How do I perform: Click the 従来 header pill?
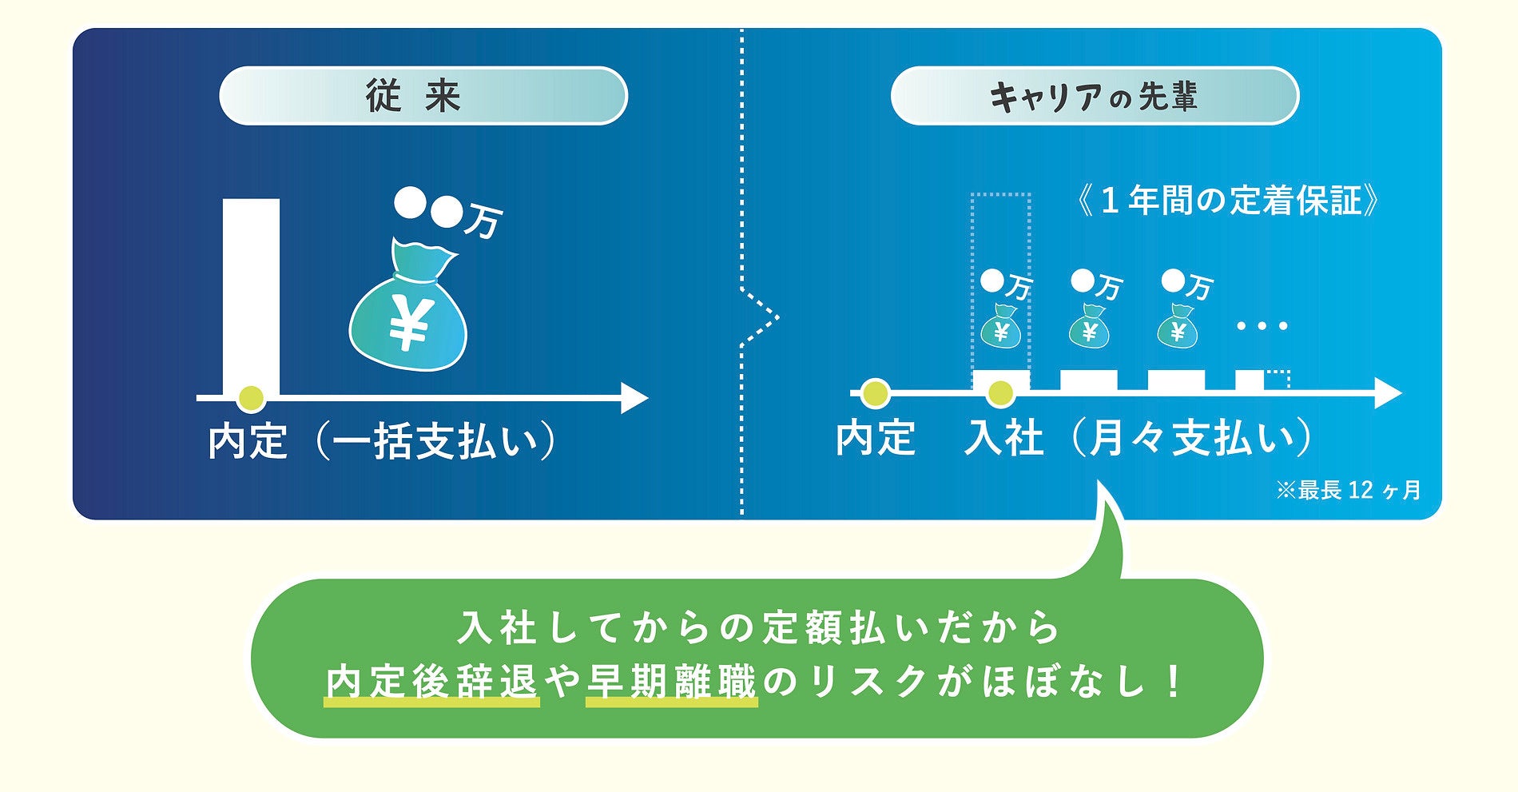tap(423, 96)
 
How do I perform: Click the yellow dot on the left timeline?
tap(251, 398)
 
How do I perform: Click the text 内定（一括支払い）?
tap(383, 440)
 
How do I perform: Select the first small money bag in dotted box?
tap(1000, 327)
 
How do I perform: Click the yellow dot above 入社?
tap(999, 392)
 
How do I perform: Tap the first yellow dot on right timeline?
tap(875, 393)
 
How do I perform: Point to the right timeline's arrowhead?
tap(1388, 393)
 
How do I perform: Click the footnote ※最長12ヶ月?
tap(1348, 490)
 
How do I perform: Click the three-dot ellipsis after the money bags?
tap(1262, 326)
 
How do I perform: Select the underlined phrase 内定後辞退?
tap(431, 683)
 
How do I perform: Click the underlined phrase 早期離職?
tap(671, 683)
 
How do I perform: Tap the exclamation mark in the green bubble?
tap(1173, 682)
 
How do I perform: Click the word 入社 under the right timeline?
tap(1003, 438)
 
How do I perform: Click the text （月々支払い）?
tap(1190, 438)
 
